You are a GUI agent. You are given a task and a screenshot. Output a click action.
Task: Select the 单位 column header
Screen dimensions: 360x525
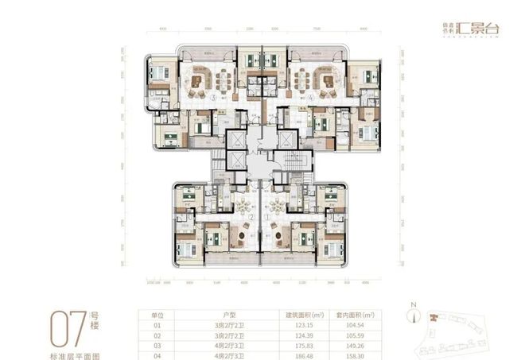tap(156, 315)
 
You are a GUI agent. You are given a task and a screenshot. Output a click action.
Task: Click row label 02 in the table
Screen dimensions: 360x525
tap(156, 336)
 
